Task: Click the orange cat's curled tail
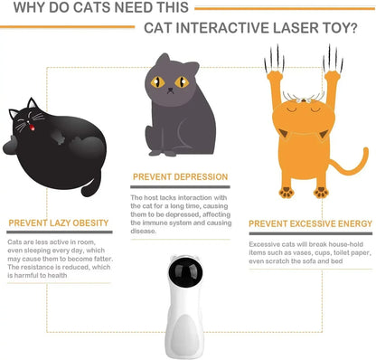click(x=347, y=172)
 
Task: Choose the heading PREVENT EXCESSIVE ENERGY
click(x=310, y=223)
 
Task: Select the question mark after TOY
click(x=352, y=26)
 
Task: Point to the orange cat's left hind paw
click(x=285, y=192)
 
